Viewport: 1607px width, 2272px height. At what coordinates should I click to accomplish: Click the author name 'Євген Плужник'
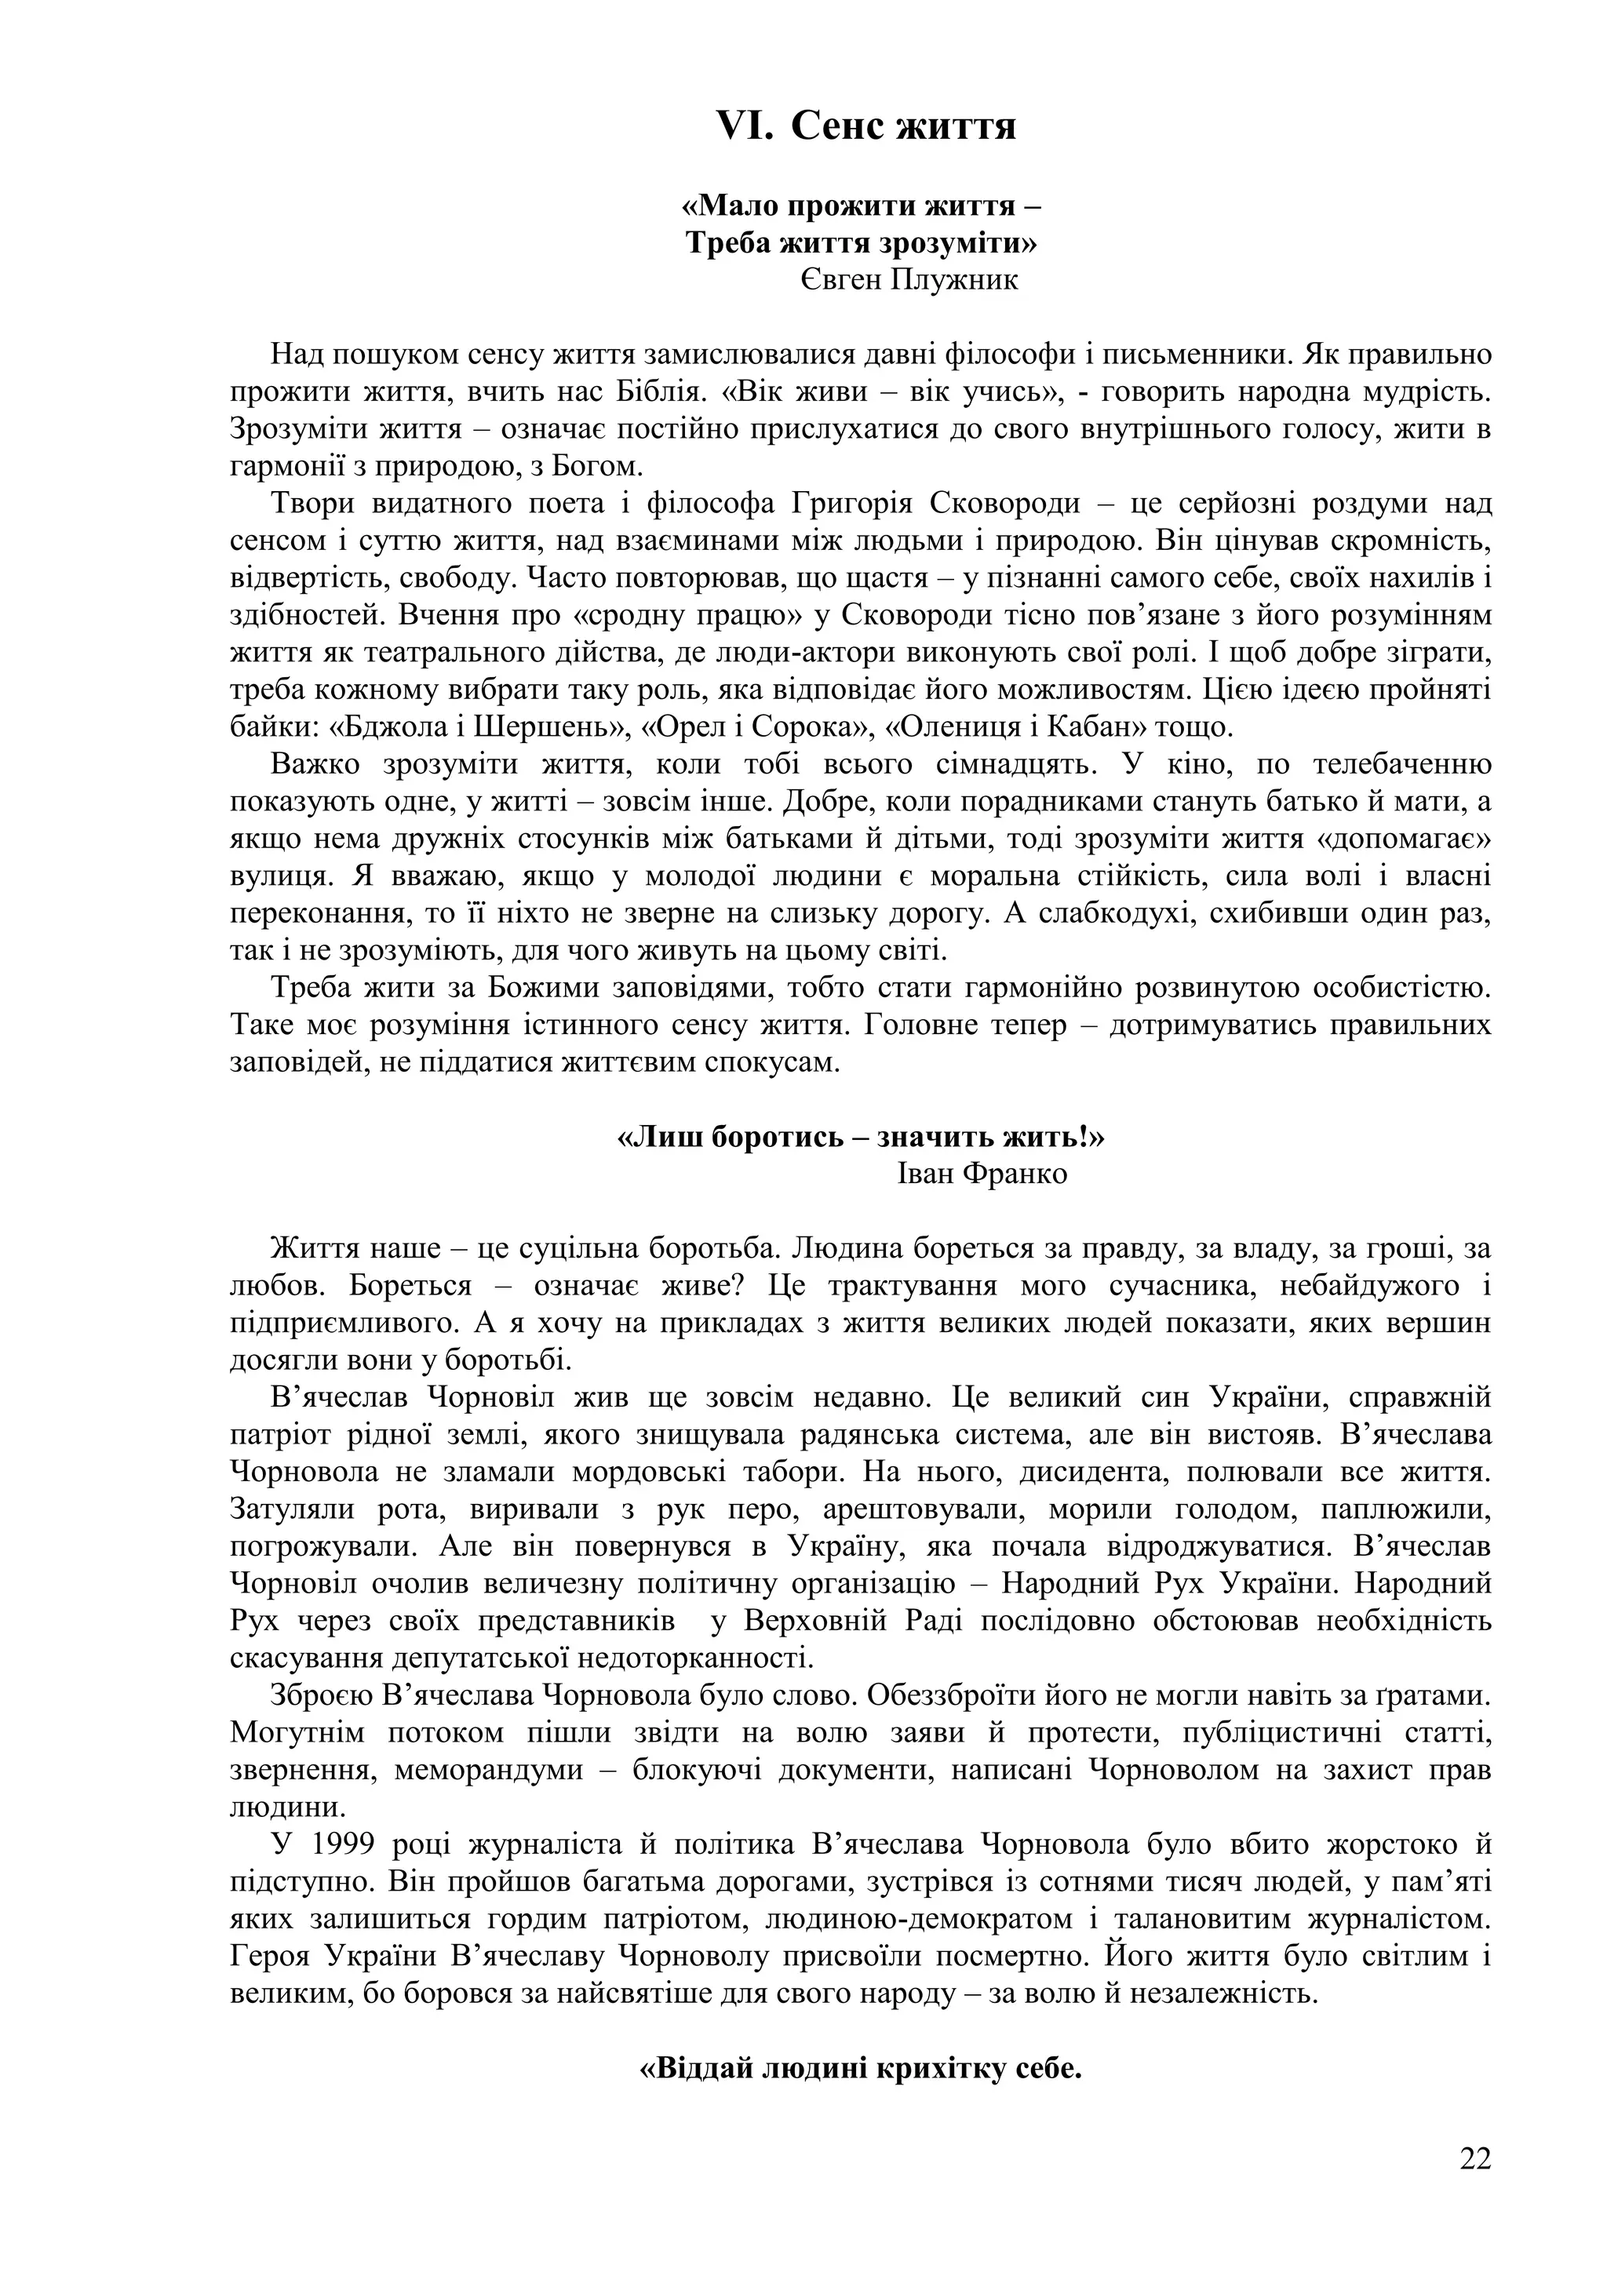[x=909, y=280]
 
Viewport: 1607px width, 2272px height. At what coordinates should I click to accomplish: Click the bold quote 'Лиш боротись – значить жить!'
[x=860, y=1137]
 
